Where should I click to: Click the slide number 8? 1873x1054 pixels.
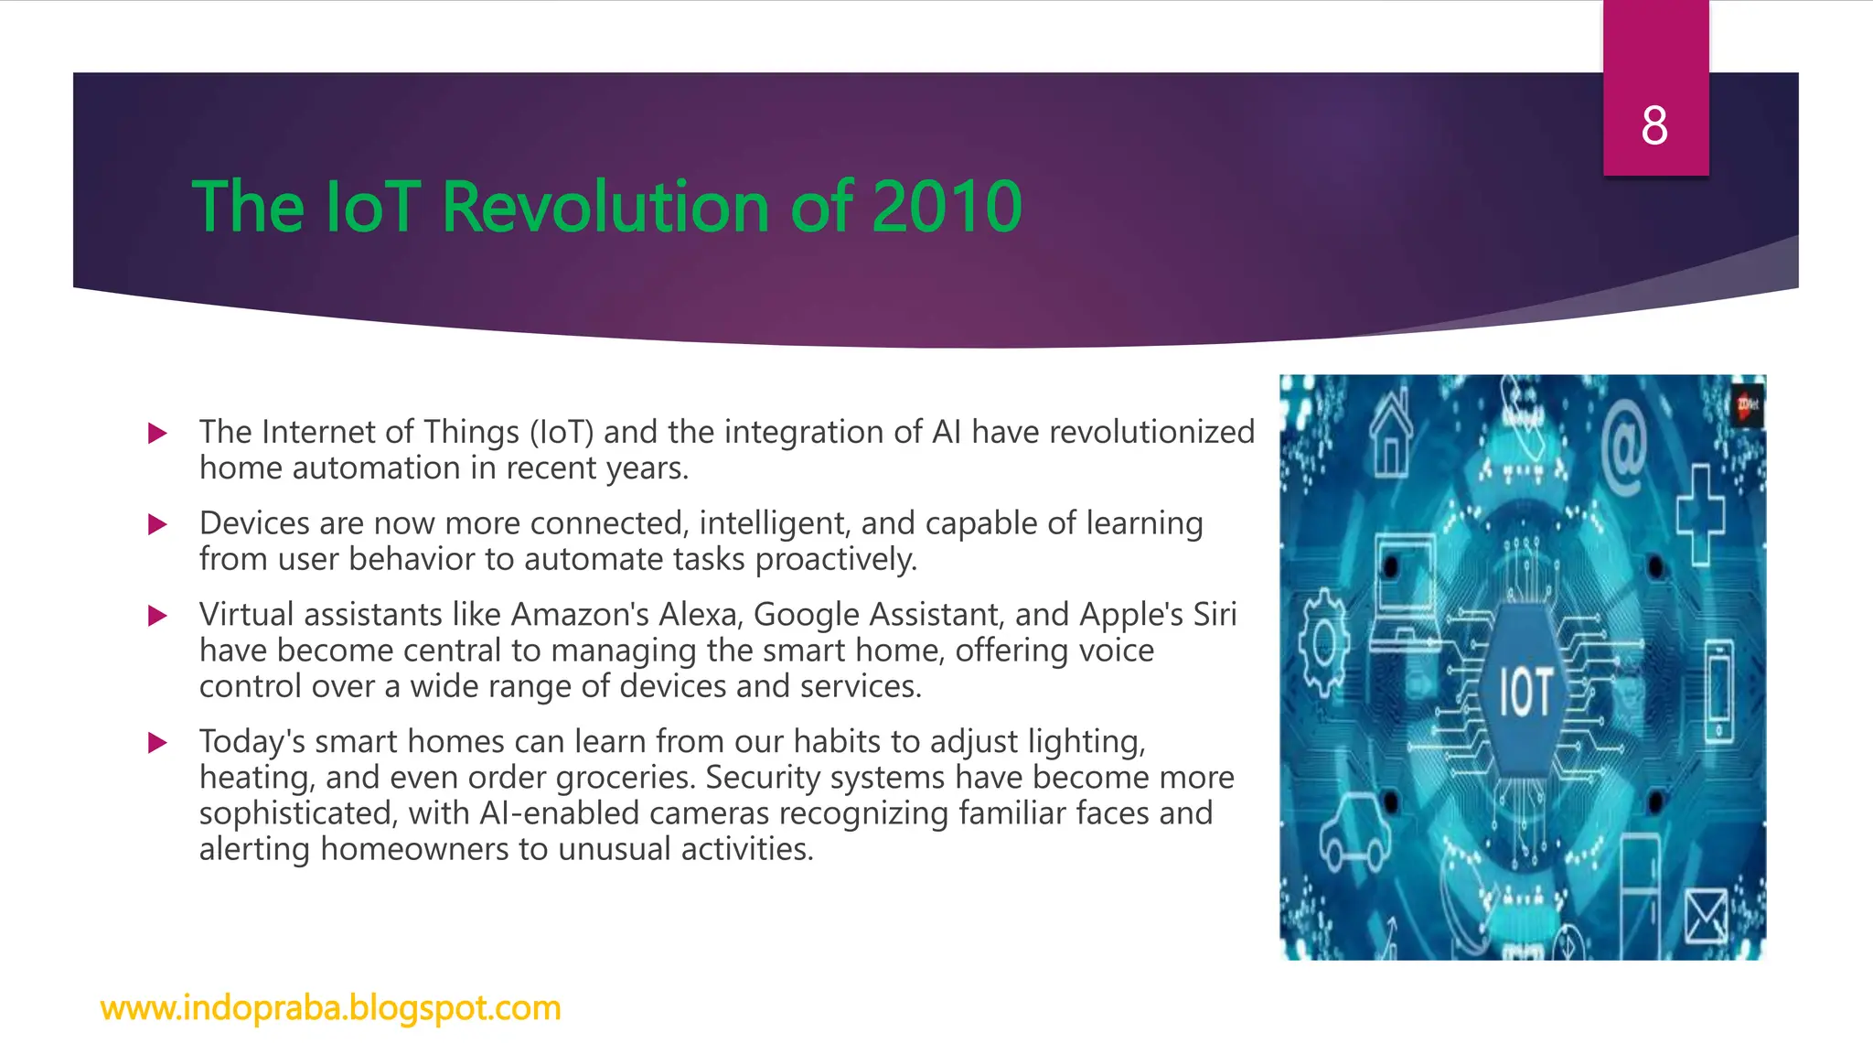(1654, 125)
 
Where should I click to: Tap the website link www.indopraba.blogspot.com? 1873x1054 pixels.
(330, 1007)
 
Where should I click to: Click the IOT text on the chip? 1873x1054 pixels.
(1525, 693)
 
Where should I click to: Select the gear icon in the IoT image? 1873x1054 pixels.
(1322, 643)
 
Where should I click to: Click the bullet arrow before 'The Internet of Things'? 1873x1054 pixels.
(157, 433)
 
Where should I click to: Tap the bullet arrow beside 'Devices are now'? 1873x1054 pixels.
(157, 524)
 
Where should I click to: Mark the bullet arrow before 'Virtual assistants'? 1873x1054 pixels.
(157, 616)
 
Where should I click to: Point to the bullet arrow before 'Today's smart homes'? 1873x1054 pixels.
(157, 742)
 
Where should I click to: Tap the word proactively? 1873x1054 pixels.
(835, 559)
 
